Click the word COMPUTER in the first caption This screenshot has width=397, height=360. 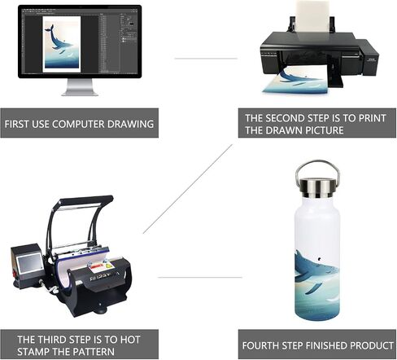click(x=78, y=124)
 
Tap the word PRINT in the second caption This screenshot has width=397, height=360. click(x=373, y=118)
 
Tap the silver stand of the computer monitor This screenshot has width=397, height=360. click(x=80, y=87)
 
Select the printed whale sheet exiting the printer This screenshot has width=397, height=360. click(x=295, y=81)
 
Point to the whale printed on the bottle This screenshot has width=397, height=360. click(x=315, y=271)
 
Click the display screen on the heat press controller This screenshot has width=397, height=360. click(x=29, y=262)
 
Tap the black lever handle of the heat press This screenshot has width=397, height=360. click(x=85, y=200)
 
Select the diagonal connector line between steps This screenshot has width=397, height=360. click(x=188, y=189)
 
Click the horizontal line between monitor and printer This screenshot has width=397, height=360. click(x=206, y=59)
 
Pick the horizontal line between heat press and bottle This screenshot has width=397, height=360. click(x=200, y=278)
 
